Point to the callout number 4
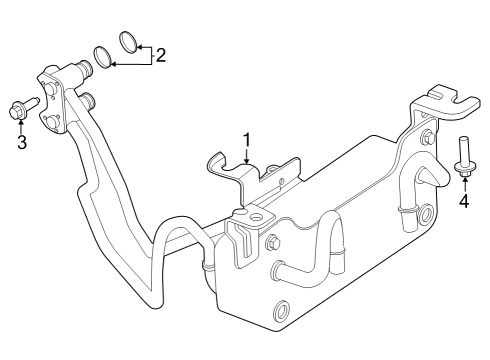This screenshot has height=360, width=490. [464, 201]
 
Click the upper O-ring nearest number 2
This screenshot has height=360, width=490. [127, 42]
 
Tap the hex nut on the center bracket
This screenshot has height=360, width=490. [273, 243]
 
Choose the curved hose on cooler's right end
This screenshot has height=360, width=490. [433, 179]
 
